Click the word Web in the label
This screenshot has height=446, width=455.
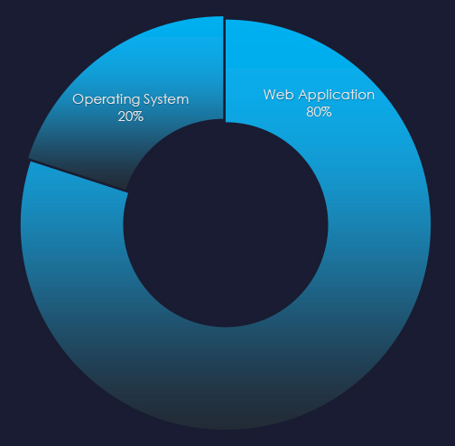[279, 95]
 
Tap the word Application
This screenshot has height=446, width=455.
[337, 96]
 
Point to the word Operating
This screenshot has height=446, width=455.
[107, 100]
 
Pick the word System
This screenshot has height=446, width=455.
[166, 100]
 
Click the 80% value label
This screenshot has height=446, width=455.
[319, 112]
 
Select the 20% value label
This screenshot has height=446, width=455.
[131, 116]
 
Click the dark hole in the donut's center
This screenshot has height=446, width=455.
[226, 225]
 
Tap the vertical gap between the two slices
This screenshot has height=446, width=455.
[225, 70]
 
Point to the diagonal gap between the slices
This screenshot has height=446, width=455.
[79, 175]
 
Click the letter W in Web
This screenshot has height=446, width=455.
[270, 95]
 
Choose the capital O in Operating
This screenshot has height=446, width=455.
[78, 99]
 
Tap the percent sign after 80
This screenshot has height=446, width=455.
[327, 112]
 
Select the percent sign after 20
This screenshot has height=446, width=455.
[139, 116]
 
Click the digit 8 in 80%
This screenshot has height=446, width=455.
[310, 112]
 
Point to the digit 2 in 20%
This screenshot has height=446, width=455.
[122, 116]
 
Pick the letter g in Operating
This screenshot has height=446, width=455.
[135, 102]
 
